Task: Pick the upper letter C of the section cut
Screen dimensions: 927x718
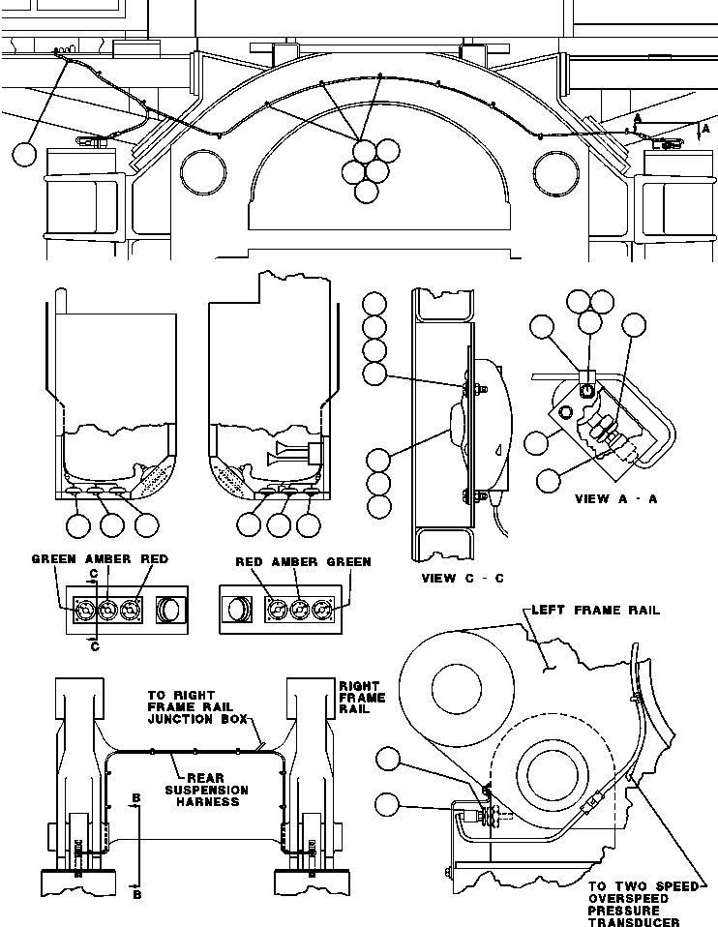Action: click(x=93, y=573)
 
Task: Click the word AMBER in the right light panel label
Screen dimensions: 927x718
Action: click(x=295, y=562)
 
